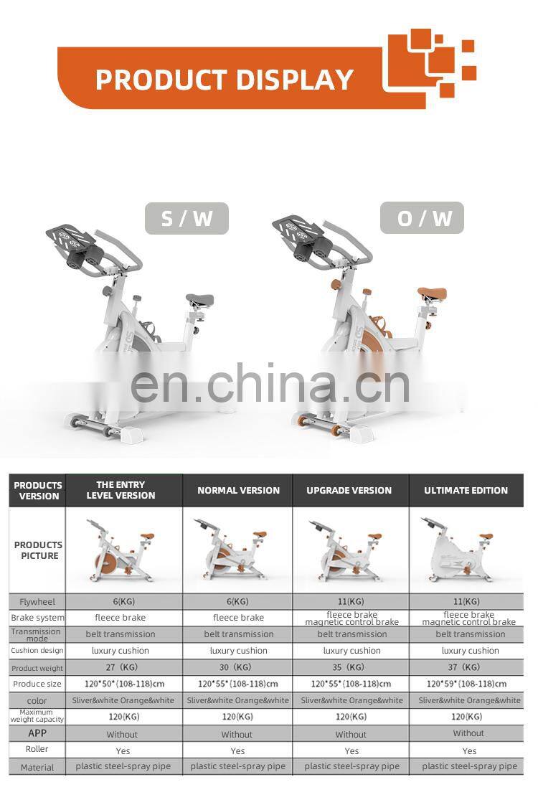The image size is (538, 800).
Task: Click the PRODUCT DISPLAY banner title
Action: click(225, 80)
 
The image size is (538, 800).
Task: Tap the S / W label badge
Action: click(187, 219)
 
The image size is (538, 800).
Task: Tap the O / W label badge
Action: click(423, 218)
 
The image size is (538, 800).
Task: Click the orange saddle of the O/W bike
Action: click(432, 294)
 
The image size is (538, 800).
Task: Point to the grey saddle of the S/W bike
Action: click(200, 299)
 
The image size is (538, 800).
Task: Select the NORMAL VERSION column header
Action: click(239, 490)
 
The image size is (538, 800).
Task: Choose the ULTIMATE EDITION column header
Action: click(466, 490)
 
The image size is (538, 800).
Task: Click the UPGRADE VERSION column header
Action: click(349, 490)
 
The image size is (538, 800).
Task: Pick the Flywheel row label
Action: click(37, 602)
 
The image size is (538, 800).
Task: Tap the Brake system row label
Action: click(38, 618)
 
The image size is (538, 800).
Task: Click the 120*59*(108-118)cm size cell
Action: click(466, 684)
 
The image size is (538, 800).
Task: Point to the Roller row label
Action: click(37, 749)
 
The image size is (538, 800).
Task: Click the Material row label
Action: click(37, 767)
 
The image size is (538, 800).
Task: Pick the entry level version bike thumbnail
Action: click(121, 551)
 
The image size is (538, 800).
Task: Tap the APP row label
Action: click(37, 733)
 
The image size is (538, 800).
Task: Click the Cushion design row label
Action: click(37, 651)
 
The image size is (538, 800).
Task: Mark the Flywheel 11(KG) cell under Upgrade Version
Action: click(351, 601)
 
